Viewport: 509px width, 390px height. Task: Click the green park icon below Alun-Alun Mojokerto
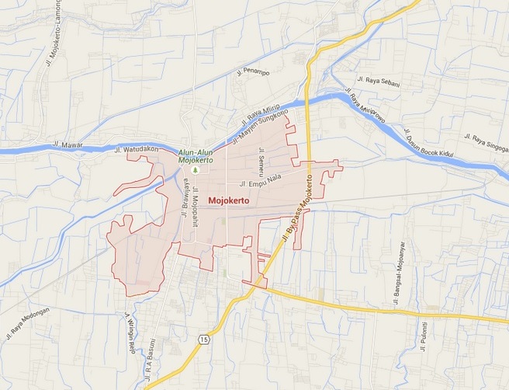(x=196, y=169)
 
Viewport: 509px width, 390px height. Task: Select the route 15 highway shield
(x=203, y=340)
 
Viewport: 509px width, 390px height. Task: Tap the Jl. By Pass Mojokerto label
(x=298, y=207)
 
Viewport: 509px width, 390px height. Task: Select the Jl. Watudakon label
(x=136, y=149)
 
